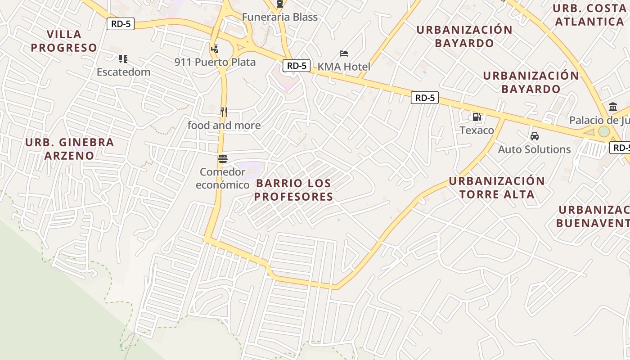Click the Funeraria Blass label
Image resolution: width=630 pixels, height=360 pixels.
[279, 17]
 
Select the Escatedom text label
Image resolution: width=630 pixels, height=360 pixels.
[123, 72]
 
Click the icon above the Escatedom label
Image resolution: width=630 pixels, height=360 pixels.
[123, 59]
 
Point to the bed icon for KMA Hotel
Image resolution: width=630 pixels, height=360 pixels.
[344, 54]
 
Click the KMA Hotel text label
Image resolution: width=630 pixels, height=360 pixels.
[344, 67]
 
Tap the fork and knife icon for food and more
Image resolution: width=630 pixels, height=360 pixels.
[224, 112]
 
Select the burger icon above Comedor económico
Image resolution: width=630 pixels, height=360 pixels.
[222, 159]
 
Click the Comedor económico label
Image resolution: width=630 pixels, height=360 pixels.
[223, 178]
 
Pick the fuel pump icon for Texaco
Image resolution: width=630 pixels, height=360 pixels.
[477, 117]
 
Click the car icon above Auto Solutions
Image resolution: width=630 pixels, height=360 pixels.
[534, 136]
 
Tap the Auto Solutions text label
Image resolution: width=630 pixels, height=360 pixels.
[534, 149]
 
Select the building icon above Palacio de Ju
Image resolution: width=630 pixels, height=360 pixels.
[612, 107]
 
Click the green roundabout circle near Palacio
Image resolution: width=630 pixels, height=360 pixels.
[604, 131]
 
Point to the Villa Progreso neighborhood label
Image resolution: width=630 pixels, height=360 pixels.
[64, 41]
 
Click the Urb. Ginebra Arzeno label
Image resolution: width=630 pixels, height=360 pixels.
[69, 149]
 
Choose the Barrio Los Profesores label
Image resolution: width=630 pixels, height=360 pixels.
[293, 190]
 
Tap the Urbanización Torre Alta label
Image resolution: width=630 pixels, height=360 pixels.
[497, 188]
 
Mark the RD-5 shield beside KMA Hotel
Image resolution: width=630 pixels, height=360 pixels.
[297, 66]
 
